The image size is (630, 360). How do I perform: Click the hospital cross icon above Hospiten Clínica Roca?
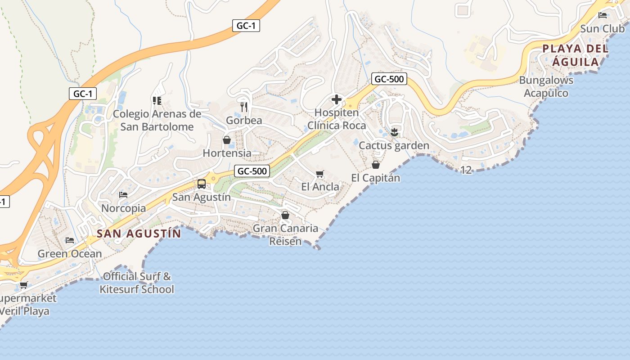click(x=337, y=99)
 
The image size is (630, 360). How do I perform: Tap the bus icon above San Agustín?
click(x=202, y=184)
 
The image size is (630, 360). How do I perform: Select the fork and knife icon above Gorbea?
click(x=244, y=107)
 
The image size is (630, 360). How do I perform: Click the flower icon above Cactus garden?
click(x=394, y=132)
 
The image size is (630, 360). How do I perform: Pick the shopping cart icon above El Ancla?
click(x=320, y=174)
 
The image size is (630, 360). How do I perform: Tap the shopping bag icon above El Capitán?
click(x=376, y=165)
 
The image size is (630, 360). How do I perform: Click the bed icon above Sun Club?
click(x=603, y=15)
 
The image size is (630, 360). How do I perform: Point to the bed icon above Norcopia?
click(x=123, y=195)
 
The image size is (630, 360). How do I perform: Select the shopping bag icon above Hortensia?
click(x=227, y=140)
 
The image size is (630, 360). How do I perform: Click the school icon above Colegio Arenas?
click(x=157, y=100)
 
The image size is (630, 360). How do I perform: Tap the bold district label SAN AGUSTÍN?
click(x=139, y=234)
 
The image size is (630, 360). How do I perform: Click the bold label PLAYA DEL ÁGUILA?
click(x=576, y=55)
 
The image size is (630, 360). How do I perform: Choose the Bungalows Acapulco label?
click(x=546, y=87)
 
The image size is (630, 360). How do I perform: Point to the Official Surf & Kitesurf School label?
click(x=137, y=283)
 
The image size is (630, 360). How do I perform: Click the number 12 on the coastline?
click(x=466, y=170)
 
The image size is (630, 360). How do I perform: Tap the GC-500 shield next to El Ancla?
click(x=252, y=171)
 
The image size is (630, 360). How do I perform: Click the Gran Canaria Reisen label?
click(x=285, y=234)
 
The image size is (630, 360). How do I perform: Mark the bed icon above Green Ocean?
click(x=69, y=240)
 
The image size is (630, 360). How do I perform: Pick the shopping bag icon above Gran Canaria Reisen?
click(x=285, y=215)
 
